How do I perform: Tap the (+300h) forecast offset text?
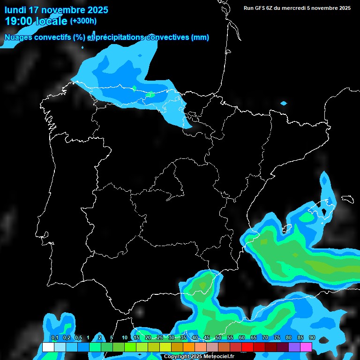(x=83, y=21)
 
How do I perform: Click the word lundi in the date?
(x=16, y=10)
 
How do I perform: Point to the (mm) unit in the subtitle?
(x=200, y=37)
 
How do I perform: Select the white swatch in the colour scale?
(x=48, y=347)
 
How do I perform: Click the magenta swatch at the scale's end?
(x=306, y=347)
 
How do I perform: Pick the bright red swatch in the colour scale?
(x=247, y=347)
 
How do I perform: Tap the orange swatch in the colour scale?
(x=189, y=347)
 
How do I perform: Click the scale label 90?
(x=312, y=338)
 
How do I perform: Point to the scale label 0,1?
(x=54, y=338)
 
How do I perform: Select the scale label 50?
(x=218, y=338)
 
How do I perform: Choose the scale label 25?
(x=160, y=338)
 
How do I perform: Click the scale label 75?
(x=277, y=338)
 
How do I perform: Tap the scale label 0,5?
(x=78, y=338)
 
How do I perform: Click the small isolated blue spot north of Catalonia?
(x=284, y=103)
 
